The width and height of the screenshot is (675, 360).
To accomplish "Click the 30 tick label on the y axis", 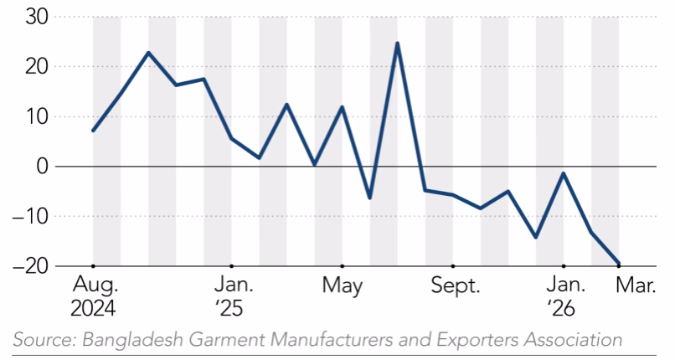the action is click(37, 18).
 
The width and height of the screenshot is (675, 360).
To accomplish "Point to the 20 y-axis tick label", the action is click(37, 67).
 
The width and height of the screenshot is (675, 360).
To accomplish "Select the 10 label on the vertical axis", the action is click(37, 116).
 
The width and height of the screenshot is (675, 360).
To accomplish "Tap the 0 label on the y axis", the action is click(43, 167).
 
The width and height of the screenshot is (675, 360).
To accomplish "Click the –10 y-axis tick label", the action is click(30, 216).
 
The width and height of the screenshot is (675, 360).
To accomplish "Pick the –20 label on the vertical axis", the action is click(30, 266).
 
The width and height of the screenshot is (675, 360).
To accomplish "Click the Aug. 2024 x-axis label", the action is click(94, 296).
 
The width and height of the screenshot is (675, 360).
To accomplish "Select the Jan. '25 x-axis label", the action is click(233, 296).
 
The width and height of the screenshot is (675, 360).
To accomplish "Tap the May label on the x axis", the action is click(343, 285).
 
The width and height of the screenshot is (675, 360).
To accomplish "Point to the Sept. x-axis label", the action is click(455, 285).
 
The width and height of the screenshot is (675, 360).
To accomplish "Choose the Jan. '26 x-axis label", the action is click(564, 296).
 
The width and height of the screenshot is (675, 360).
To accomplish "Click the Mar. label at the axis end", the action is click(636, 285).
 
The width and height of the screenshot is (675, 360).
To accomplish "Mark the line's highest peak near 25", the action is click(397, 43).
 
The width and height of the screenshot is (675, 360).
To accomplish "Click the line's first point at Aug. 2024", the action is click(94, 131).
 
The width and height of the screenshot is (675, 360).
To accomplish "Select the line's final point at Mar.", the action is click(619, 264).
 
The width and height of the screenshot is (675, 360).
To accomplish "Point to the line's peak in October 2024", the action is click(148, 53).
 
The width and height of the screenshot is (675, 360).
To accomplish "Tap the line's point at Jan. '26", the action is click(563, 173).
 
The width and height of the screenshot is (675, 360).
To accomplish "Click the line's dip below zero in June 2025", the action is click(370, 198).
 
